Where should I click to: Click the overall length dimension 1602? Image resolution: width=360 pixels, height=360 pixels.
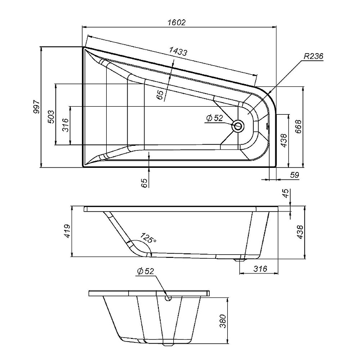(176, 22)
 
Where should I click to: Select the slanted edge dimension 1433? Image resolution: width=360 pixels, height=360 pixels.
(178, 52)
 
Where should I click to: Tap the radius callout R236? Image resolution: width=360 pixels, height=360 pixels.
(313, 56)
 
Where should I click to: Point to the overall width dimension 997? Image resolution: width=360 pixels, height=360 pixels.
(36, 107)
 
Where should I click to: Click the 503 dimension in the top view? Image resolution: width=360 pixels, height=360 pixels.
(51, 117)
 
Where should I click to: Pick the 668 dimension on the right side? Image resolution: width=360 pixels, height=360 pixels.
(298, 126)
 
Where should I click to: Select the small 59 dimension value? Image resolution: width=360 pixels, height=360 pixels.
(295, 175)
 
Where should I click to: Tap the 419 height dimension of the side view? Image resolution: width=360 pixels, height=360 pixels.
(67, 231)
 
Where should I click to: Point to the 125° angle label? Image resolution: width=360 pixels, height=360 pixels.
(148, 238)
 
